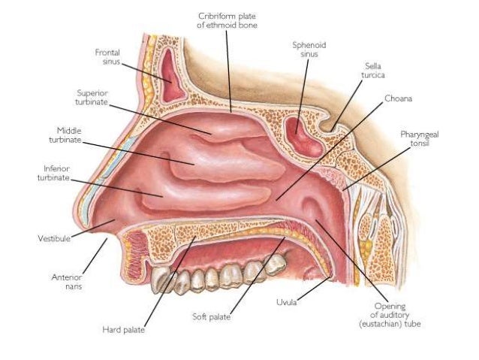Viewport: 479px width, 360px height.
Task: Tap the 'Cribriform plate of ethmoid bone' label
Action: [225, 20]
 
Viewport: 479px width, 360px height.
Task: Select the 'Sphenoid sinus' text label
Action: [309, 50]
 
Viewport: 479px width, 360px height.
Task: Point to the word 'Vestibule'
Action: [53, 238]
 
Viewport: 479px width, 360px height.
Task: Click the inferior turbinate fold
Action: [203, 197]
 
